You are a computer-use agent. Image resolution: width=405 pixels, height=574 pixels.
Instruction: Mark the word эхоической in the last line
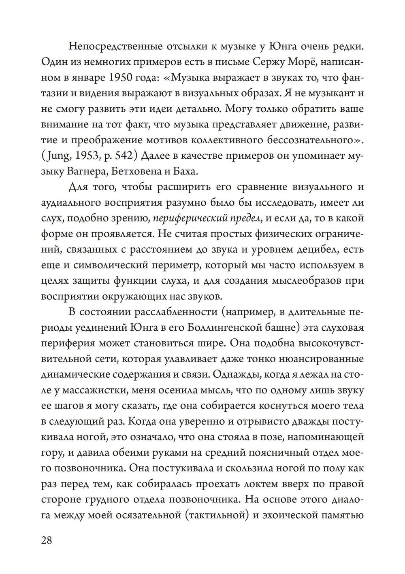[288, 515]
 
